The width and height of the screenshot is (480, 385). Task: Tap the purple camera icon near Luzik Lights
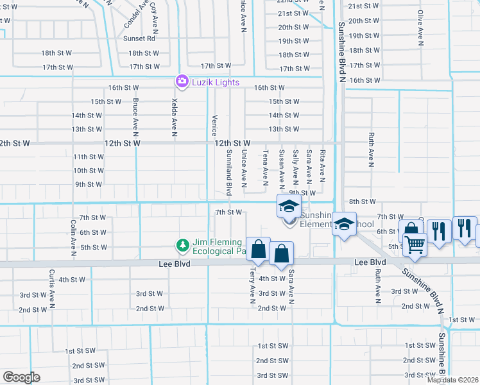pos(182,81)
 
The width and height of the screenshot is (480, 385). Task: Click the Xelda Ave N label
pos(174,117)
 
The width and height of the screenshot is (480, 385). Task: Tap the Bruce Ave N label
pos(135,117)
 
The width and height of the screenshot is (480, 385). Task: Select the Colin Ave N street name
pos(74,235)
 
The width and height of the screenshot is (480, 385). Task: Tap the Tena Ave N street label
pos(266,166)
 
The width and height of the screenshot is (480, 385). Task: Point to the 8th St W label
pos(362,201)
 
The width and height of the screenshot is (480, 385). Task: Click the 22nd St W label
pos(294,2)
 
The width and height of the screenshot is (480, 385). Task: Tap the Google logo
pos(21,377)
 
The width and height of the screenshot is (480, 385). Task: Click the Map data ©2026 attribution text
pos(452,380)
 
